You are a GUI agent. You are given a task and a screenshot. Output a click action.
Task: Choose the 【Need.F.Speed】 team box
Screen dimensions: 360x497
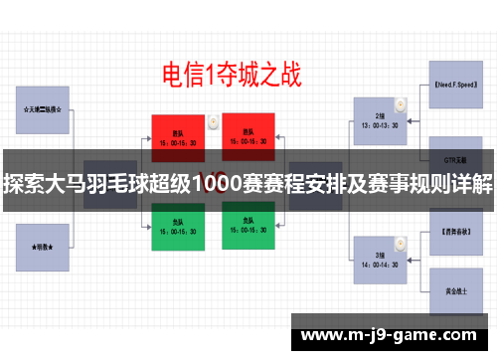(457, 87)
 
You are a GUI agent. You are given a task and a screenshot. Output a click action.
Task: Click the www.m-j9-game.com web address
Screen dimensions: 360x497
(392, 335)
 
